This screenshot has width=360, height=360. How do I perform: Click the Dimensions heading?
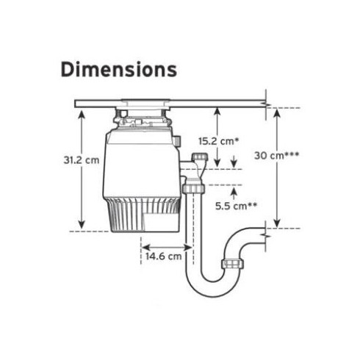click(119, 70)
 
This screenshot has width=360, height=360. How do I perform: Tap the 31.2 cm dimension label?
click(82, 160)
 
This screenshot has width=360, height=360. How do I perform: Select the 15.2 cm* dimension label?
click(218, 141)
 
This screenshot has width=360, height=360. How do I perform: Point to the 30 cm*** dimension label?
click(276, 155)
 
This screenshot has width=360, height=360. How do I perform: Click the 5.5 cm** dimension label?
click(237, 206)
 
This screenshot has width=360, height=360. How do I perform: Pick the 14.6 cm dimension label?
click(164, 256)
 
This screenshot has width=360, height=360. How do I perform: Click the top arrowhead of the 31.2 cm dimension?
click(82, 115)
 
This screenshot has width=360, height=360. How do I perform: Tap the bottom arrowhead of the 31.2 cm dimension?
click(82, 225)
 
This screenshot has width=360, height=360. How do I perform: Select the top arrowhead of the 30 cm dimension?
click(277, 113)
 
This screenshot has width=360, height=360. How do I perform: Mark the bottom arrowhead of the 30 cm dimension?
click(277, 223)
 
